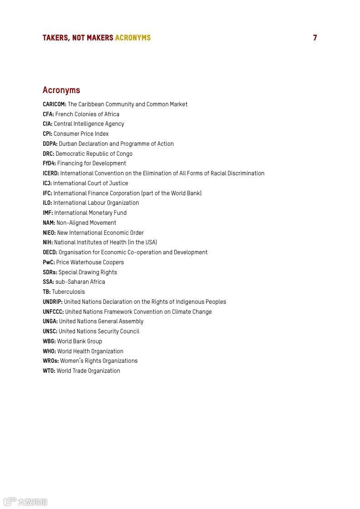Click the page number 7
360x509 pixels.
click(x=315, y=38)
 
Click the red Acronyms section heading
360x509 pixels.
click(x=61, y=90)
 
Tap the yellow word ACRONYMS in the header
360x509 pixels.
click(x=133, y=38)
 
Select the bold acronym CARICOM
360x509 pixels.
click(x=54, y=104)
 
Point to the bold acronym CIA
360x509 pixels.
click(x=48, y=124)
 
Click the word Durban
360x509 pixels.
click(x=69, y=144)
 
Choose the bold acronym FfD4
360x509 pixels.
click(x=49, y=163)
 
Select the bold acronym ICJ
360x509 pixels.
click(x=47, y=183)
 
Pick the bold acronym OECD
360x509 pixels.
click(x=50, y=252)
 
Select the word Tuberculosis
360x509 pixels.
click(x=68, y=292)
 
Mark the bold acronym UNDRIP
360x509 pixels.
click(x=53, y=302)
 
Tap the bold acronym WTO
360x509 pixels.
click(x=49, y=371)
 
